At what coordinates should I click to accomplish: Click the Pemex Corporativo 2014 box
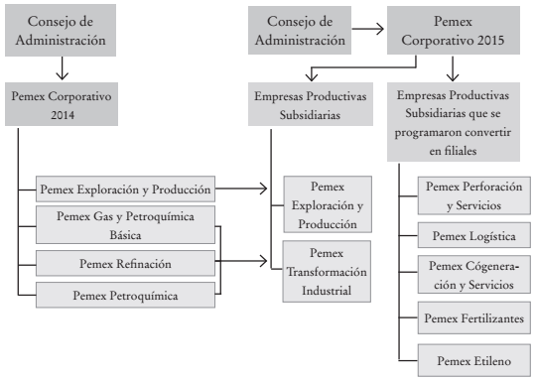click(62, 105)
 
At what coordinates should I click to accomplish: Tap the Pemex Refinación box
click(125, 263)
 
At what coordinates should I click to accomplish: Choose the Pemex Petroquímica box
click(125, 295)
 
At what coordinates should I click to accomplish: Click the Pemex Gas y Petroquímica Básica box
click(125, 224)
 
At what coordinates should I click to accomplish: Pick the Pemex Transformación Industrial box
click(327, 272)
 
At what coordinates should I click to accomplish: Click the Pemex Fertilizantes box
click(473, 317)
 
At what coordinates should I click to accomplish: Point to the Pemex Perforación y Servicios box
click(473, 194)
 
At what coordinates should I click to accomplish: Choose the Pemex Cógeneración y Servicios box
click(473, 276)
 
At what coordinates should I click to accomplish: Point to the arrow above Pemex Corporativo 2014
click(62, 67)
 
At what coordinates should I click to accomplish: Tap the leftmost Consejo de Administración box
click(63, 31)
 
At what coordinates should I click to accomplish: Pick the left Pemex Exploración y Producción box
click(125, 187)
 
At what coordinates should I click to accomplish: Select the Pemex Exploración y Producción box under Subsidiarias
click(327, 205)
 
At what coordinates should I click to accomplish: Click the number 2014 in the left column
click(62, 115)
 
